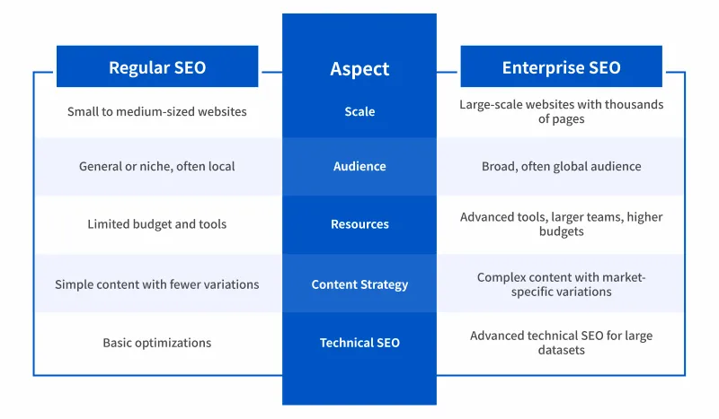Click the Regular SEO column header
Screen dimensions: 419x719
[157, 67]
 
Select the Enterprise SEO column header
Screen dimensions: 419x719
[561, 67]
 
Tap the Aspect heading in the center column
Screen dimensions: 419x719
[359, 68]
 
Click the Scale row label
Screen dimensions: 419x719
[359, 112]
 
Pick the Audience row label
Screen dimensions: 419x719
[359, 166]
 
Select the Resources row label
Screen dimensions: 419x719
[359, 224]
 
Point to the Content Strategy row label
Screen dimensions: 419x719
[359, 284]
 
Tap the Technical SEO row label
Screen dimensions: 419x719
[359, 343]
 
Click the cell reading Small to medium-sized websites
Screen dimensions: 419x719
[157, 112]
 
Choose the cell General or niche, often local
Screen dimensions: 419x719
[157, 166]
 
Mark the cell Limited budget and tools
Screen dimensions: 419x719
[157, 224]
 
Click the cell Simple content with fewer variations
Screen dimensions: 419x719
[157, 284]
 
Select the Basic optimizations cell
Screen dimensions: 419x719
[157, 343]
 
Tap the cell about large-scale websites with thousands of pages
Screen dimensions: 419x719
[561, 112]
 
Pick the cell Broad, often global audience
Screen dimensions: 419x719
[561, 166]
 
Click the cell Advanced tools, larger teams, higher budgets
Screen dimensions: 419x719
[561, 224]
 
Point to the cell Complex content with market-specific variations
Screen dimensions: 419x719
[561, 284]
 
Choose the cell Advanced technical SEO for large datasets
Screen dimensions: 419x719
[561, 343]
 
